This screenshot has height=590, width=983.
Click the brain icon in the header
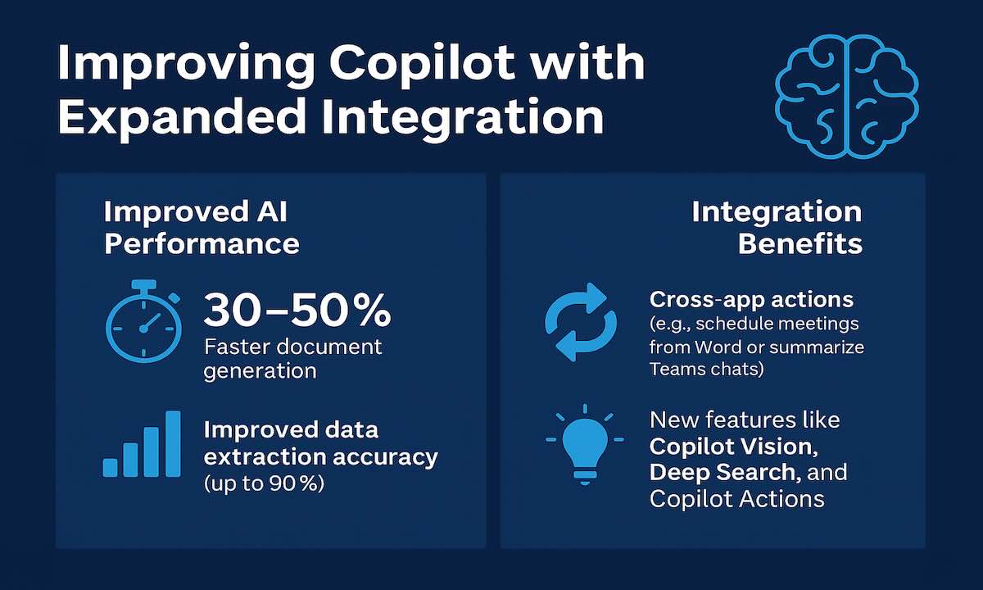pyautogui.click(x=847, y=97)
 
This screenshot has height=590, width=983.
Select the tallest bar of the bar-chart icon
pyautogui.click(x=173, y=443)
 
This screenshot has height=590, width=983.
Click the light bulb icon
pyautogui.click(x=585, y=444)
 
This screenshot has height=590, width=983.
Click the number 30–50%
pyautogui.click(x=297, y=310)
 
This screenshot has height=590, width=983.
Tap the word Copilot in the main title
pyautogui.click(x=421, y=64)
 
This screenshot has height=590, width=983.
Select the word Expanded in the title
pyautogui.click(x=181, y=116)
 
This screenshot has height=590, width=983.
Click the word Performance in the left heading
pyautogui.click(x=202, y=243)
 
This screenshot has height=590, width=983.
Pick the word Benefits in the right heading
pyautogui.click(x=800, y=243)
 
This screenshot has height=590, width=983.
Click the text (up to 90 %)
pyautogui.click(x=264, y=483)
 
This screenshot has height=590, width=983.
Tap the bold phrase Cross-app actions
pyautogui.click(x=751, y=299)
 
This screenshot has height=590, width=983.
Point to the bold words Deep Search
pyautogui.click(x=723, y=472)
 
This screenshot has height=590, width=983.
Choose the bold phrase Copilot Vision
pyautogui.click(x=733, y=447)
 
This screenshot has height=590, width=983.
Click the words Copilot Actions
pyautogui.click(x=736, y=499)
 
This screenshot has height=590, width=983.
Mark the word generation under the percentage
pyautogui.click(x=260, y=371)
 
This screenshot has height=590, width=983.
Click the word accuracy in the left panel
pyautogui.click(x=385, y=457)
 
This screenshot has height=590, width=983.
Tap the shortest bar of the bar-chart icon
pyautogui.click(x=110, y=468)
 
